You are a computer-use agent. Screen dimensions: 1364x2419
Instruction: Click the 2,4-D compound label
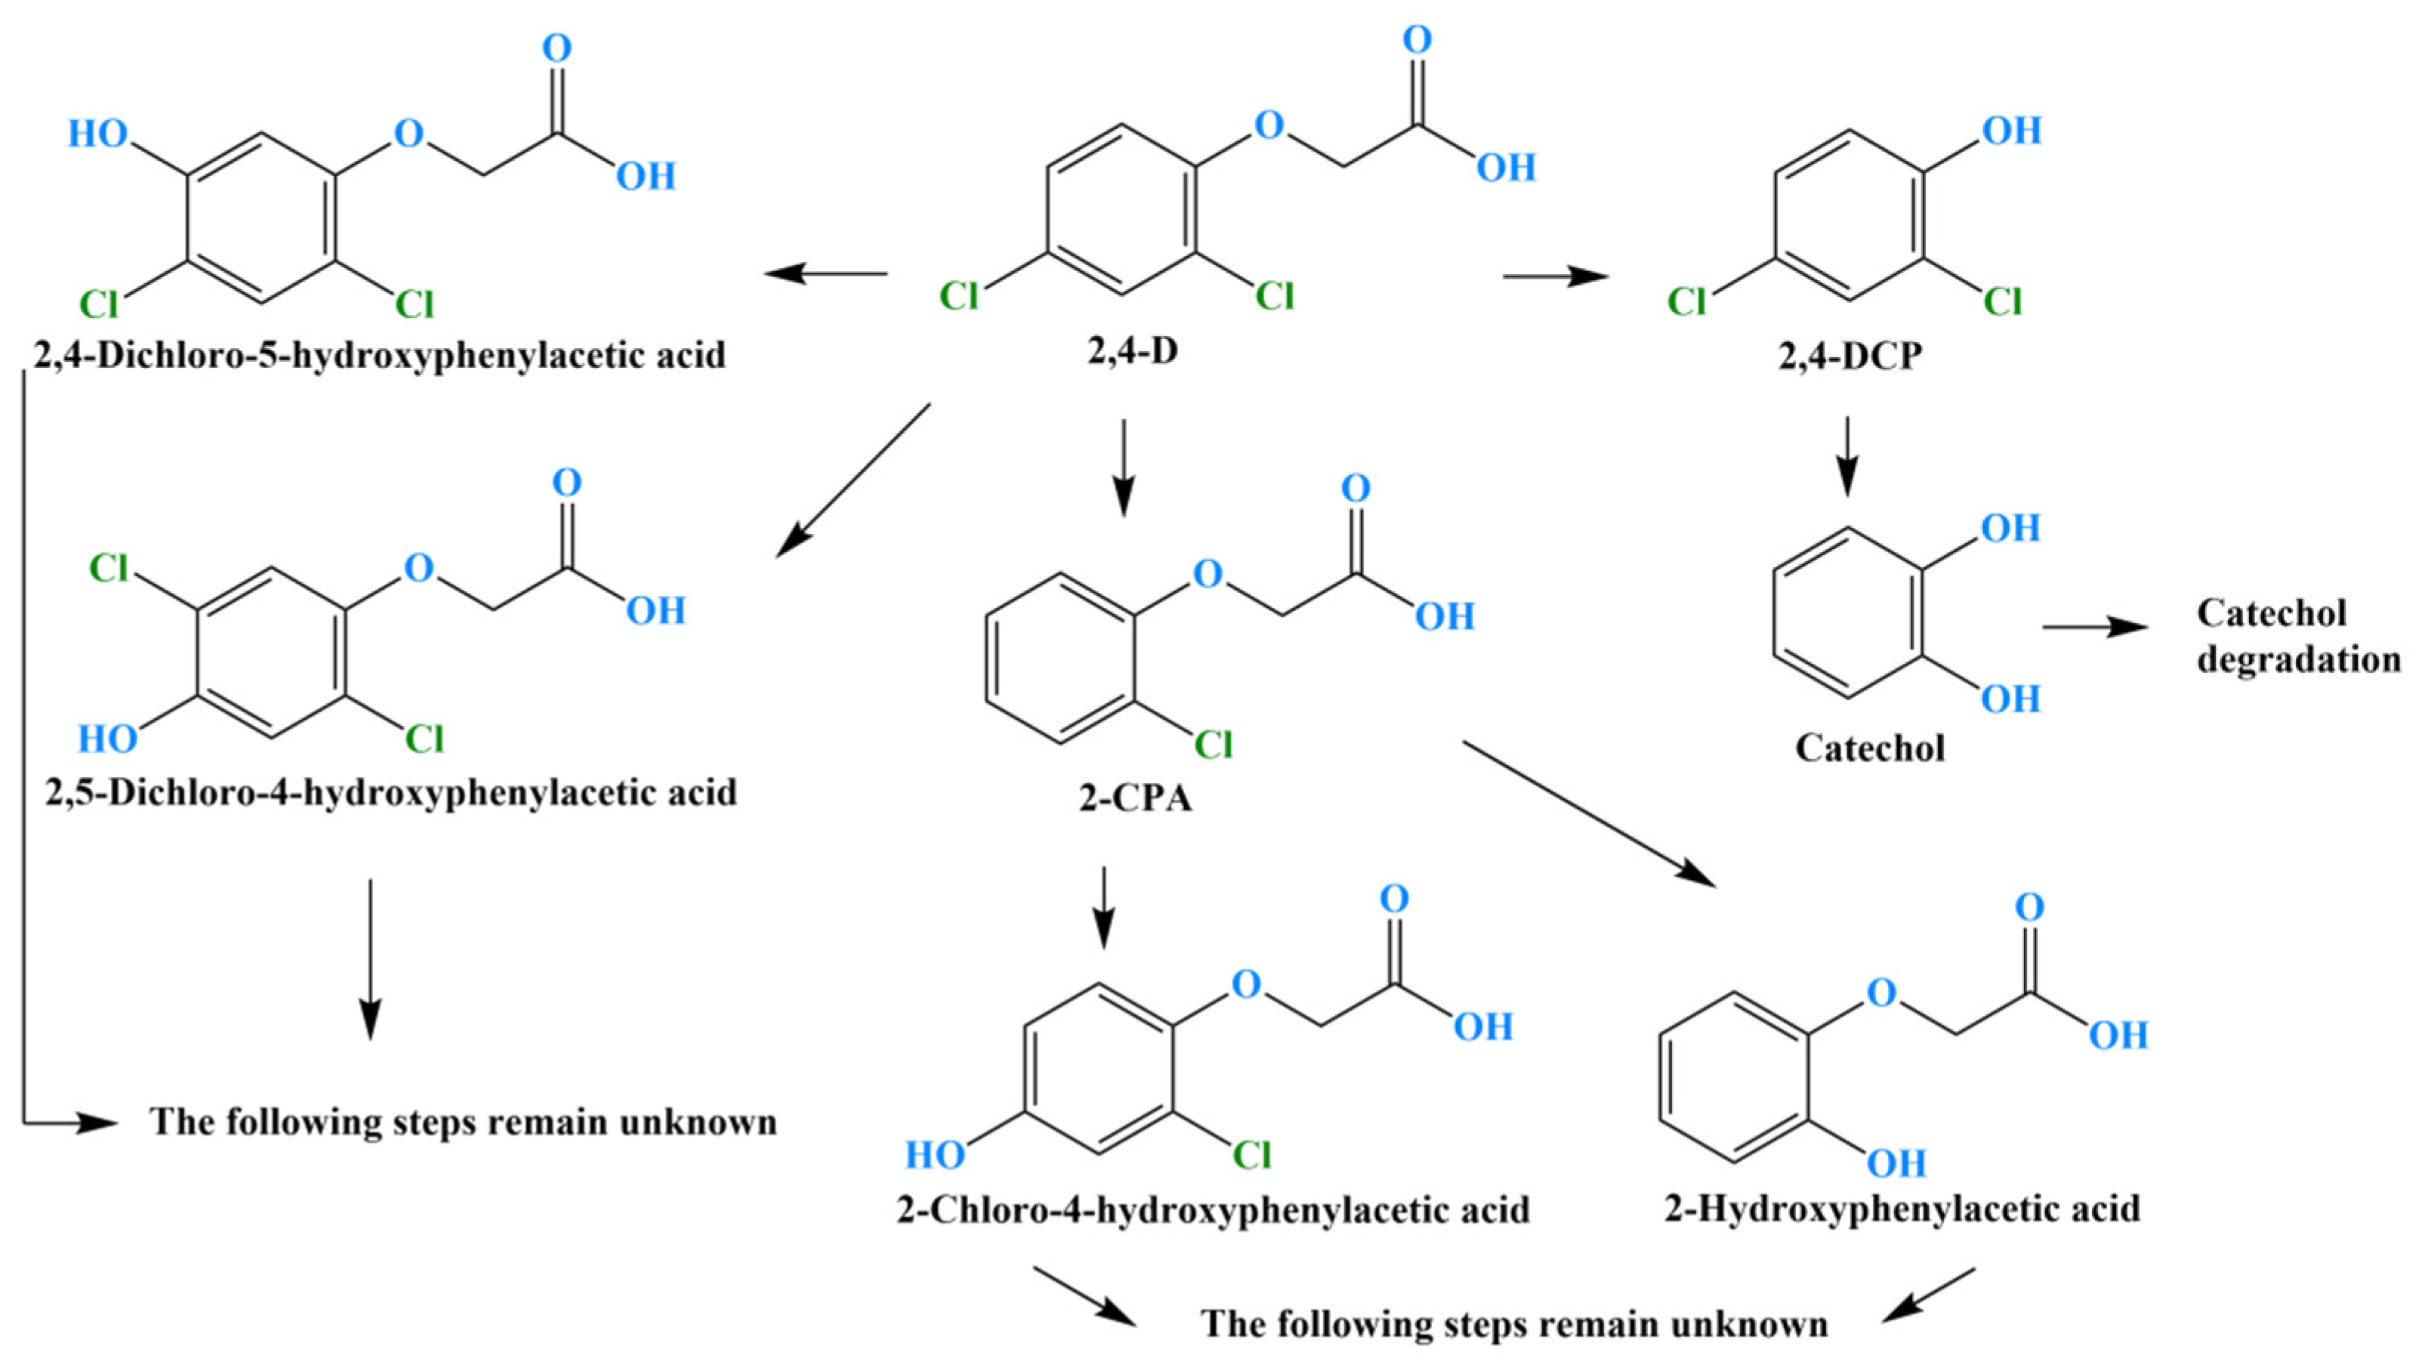coord(1133,351)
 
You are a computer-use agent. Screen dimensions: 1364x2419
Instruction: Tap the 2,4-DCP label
coord(1850,356)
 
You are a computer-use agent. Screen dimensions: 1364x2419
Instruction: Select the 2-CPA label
coord(1134,798)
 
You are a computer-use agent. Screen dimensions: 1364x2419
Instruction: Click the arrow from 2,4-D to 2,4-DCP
coord(1555,276)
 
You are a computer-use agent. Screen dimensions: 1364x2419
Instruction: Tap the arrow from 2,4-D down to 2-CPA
coord(1124,468)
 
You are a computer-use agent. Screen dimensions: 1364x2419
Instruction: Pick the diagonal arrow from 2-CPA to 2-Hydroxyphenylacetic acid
coord(1589,813)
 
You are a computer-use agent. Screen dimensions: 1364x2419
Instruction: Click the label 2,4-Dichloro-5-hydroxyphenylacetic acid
coord(379,355)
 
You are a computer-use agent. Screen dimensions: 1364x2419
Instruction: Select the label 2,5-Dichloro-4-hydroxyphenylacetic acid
coord(390,793)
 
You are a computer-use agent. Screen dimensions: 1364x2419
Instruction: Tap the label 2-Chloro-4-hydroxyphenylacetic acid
coord(1213,1209)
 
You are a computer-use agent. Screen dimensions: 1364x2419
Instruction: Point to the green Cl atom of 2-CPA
coord(1212,745)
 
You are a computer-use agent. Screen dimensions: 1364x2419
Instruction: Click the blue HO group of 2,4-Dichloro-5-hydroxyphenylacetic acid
coord(97,134)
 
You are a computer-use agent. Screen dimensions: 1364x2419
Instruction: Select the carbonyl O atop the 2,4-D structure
coord(1417,40)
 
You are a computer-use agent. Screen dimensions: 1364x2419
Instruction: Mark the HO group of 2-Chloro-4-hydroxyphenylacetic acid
coord(934,1155)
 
